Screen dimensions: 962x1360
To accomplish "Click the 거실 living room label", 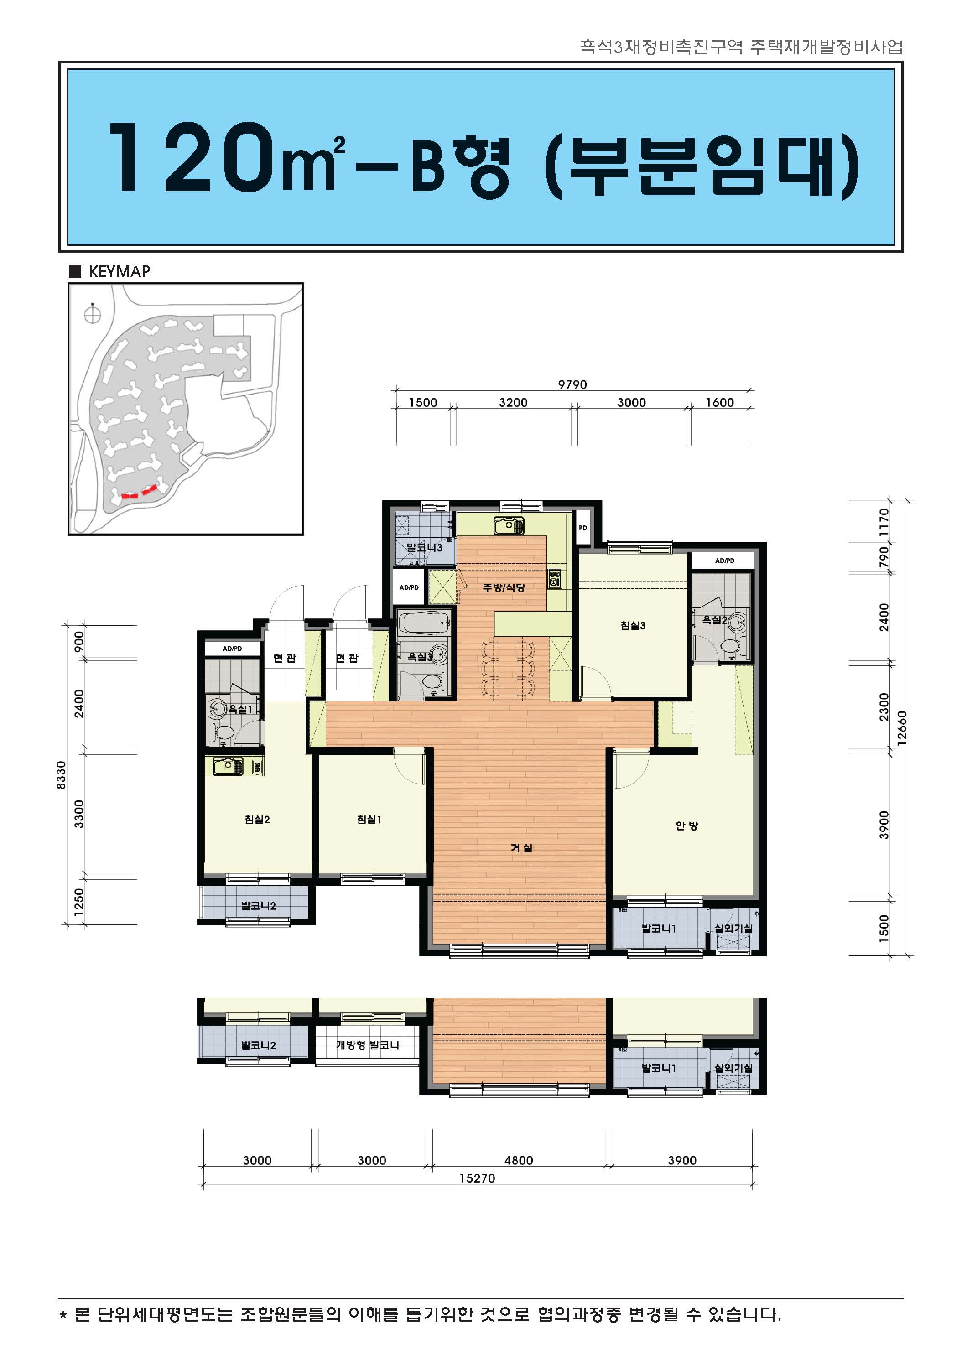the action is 521,848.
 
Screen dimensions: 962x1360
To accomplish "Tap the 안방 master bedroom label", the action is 686,825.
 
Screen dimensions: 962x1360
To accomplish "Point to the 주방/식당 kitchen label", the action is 504,587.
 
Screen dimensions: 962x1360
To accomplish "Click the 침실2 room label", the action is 257,820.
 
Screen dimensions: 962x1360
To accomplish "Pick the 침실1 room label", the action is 369,820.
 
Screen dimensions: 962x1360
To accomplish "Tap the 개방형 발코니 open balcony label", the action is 367,1045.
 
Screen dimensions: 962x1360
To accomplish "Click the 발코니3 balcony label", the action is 425,548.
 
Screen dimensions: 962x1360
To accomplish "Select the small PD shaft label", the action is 583,528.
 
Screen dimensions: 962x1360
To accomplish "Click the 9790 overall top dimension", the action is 572,384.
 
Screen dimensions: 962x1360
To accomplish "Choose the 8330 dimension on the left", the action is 61,775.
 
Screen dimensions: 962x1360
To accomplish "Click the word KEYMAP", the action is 119,272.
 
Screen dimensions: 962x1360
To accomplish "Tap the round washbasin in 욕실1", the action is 218,708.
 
